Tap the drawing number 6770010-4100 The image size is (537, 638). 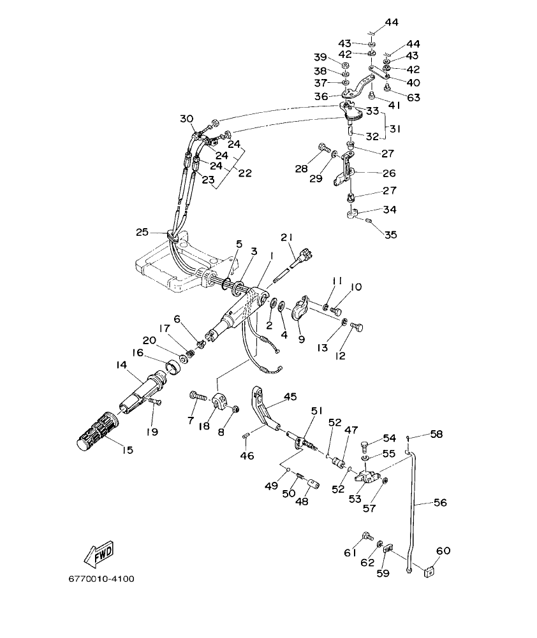(101, 579)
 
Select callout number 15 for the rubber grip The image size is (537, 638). (127, 450)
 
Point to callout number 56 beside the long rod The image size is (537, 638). (440, 503)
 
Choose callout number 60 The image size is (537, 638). (443, 550)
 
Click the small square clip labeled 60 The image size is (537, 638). (430, 570)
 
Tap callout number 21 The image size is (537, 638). (286, 238)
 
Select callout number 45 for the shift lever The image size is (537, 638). (290, 396)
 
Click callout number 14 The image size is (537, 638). (121, 365)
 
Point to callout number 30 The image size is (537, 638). (186, 119)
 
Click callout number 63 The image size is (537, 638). (414, 98)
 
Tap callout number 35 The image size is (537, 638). (390, 235)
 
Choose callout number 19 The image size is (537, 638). (152, 431)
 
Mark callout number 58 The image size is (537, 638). (436, 434)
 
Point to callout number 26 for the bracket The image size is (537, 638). (388, 173)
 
